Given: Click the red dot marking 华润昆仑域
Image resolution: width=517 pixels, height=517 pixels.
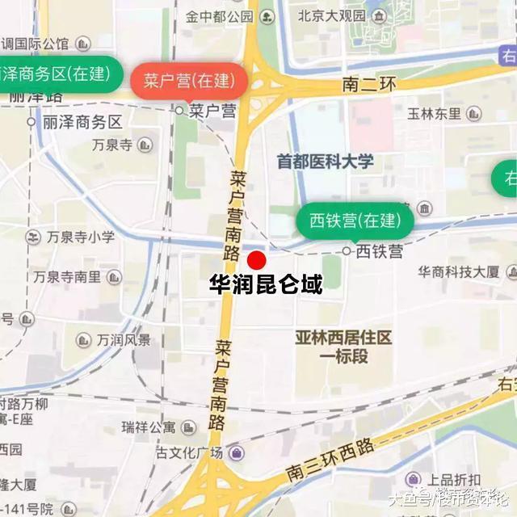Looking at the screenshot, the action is (256, 260).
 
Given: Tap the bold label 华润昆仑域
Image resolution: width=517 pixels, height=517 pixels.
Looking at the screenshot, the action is (266, 285).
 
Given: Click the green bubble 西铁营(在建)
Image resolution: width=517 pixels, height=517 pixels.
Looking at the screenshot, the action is (355, 220).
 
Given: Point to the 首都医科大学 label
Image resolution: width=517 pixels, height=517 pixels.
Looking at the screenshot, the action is (326, 162).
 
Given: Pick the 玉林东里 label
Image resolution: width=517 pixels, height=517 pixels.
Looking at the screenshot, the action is (434, 114).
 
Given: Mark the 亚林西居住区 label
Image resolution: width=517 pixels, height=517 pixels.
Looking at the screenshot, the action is (343, 336).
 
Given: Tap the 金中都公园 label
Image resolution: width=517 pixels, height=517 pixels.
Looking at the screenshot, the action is (219, 16).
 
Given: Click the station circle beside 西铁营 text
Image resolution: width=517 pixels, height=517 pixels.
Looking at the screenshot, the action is (347, 251).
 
